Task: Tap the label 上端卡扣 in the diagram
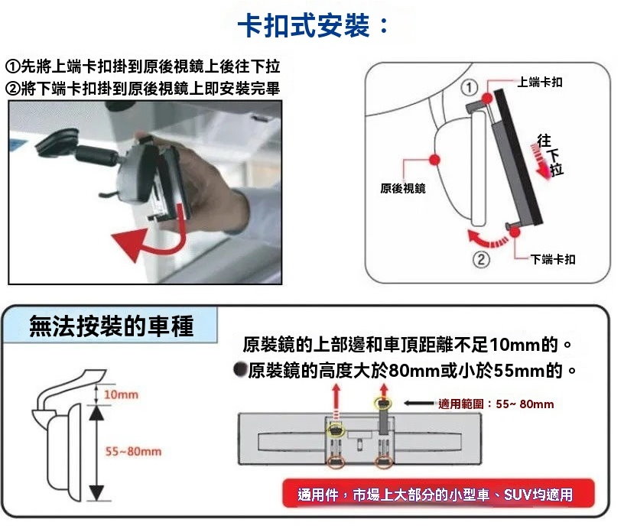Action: coord(540,82)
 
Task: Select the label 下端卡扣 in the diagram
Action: coord(553,259)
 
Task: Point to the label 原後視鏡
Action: coord(403,188)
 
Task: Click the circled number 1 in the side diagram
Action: coord(470,88)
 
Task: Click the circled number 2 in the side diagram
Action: coord(481,260)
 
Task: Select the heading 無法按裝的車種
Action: coord(112,326)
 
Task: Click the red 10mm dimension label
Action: coord(121,394)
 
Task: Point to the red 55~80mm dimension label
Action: coord(133,452)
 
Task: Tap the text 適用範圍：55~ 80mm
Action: coord(496,404)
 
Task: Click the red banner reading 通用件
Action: coord(438,494)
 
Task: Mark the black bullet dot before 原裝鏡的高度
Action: coord(240,370)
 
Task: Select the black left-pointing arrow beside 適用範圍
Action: coord(419,404)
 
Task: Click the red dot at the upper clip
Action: coord(486,98)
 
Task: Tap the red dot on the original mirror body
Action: coord(434,160)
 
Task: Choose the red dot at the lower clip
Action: coord(515,232)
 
